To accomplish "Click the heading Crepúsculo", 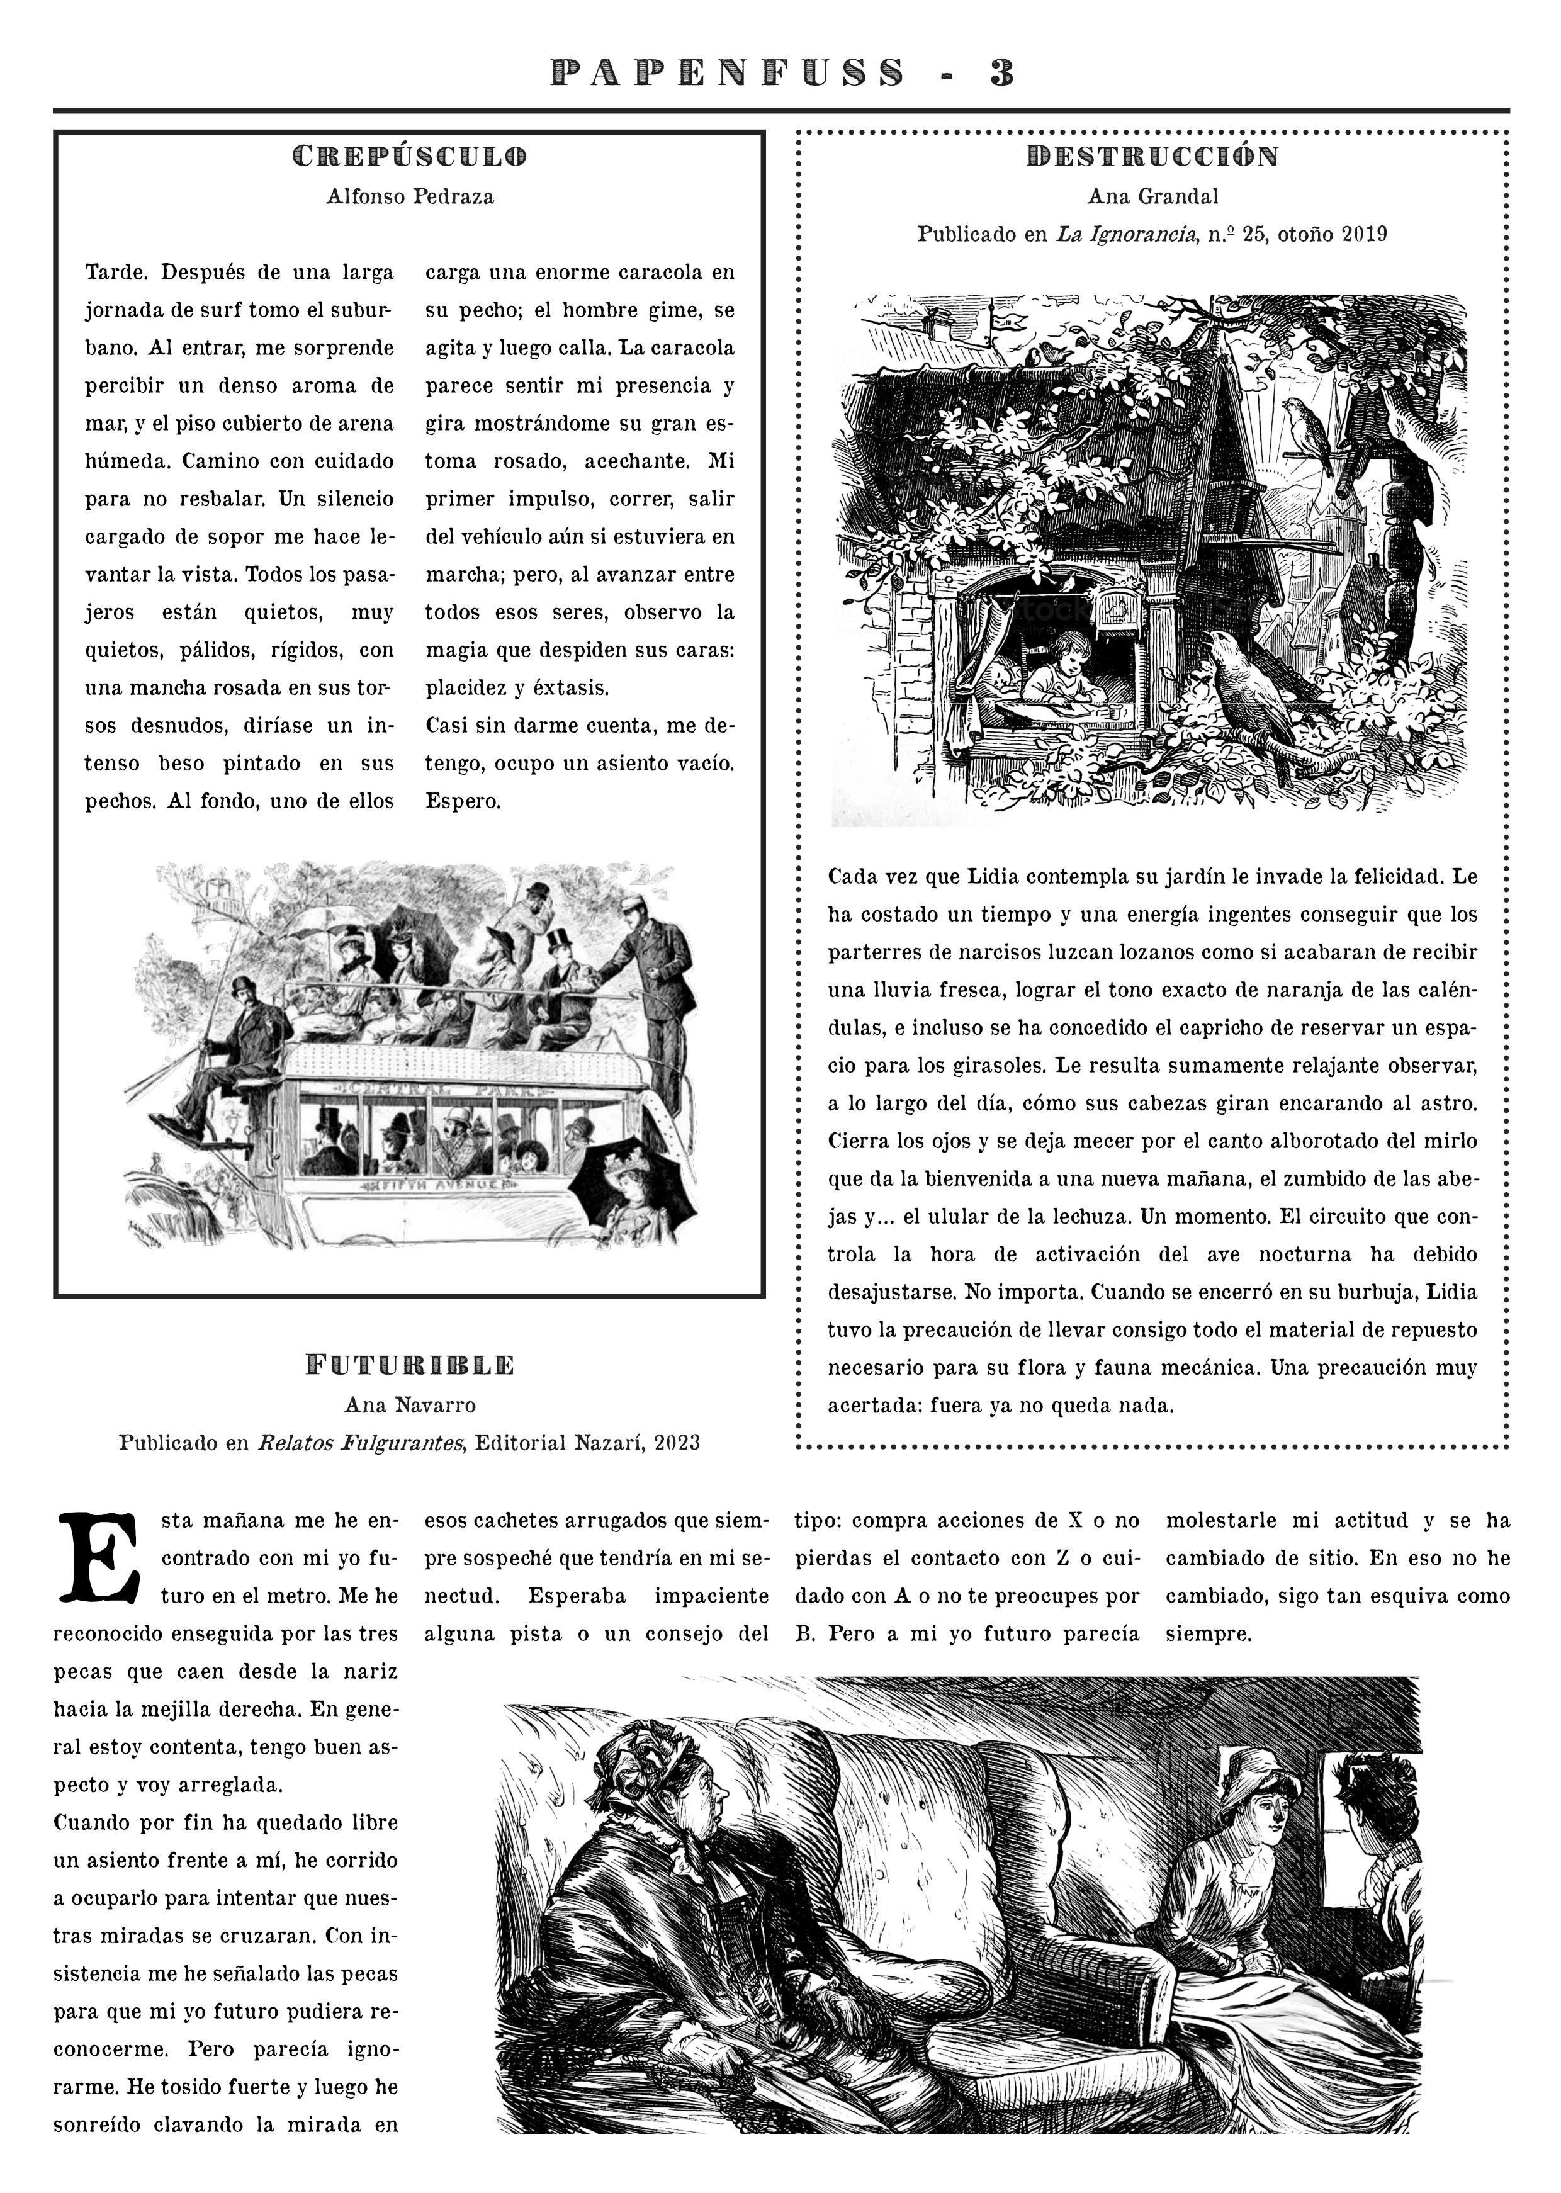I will pos(410,155).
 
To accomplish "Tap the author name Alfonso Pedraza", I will pos(410,197).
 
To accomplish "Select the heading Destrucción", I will pos(1152,155).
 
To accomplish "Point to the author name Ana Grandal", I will pos(1152,197).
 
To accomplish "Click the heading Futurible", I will pos(410,1365).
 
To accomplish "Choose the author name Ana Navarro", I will pos(410,1405).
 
